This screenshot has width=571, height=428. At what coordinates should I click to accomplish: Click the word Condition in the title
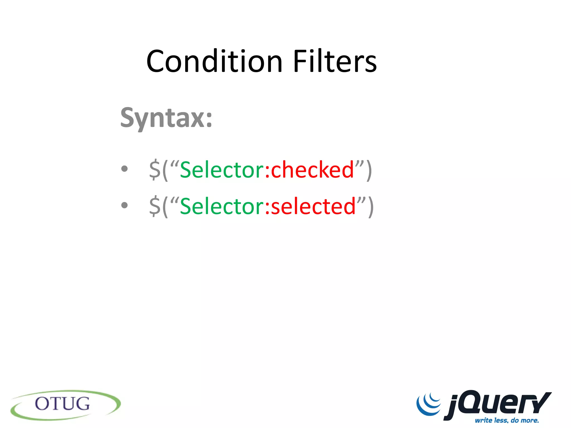click(x=214, y=61)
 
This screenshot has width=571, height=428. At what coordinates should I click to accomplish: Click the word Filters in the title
click(x=335, y=61)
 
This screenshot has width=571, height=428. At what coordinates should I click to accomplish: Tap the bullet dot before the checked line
click(x=124, y=169)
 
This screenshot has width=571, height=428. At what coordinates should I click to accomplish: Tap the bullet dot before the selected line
click(x=124, y=205)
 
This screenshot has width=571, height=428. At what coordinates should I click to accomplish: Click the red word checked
click(x=312, y=170)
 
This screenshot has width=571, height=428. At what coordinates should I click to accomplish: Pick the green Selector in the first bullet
click(x=222, y=170)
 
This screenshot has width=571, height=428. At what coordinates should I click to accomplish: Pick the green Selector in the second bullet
click(x=222, y=206)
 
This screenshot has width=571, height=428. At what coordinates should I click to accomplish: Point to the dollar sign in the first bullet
click(x=155, y=170)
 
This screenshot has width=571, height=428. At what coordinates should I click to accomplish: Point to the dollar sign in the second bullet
click(x=155, y=206)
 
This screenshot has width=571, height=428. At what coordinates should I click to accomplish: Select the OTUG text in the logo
click(x=62, y=404)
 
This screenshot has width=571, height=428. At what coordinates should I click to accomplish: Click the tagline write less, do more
click(x=507, y=420)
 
